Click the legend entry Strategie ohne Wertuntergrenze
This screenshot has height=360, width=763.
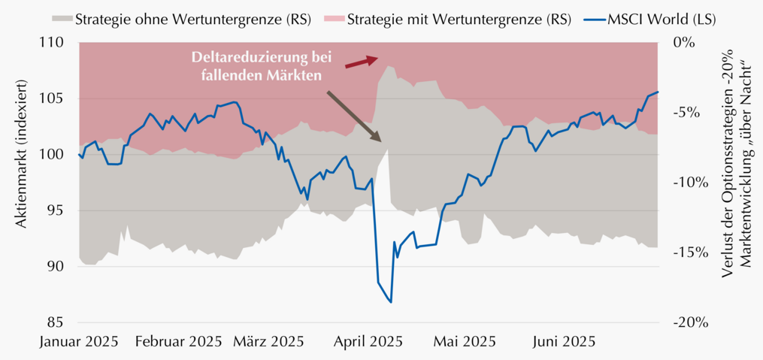coord(180,20)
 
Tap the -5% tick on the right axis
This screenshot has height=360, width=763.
coord(686,113)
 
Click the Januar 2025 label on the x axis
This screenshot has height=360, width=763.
coord(78,340)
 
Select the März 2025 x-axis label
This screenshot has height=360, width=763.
coord(268,340)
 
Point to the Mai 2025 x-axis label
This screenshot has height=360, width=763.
coord(464,340)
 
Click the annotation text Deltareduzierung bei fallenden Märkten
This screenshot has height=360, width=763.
coord(262,67)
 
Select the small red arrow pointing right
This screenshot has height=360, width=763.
coord(362,62)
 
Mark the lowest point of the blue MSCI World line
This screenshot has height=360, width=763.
coord(391,302)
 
